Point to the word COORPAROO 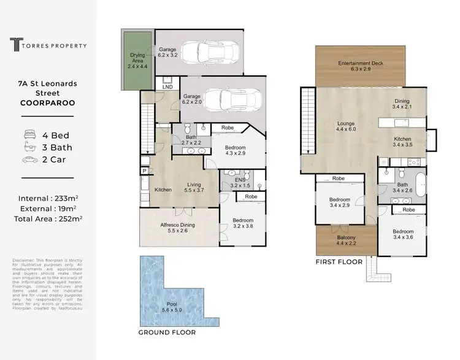(x=47, y=103)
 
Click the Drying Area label (x=137, y=58)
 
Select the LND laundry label (x=167, y=87)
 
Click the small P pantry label (x=144, y=170)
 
